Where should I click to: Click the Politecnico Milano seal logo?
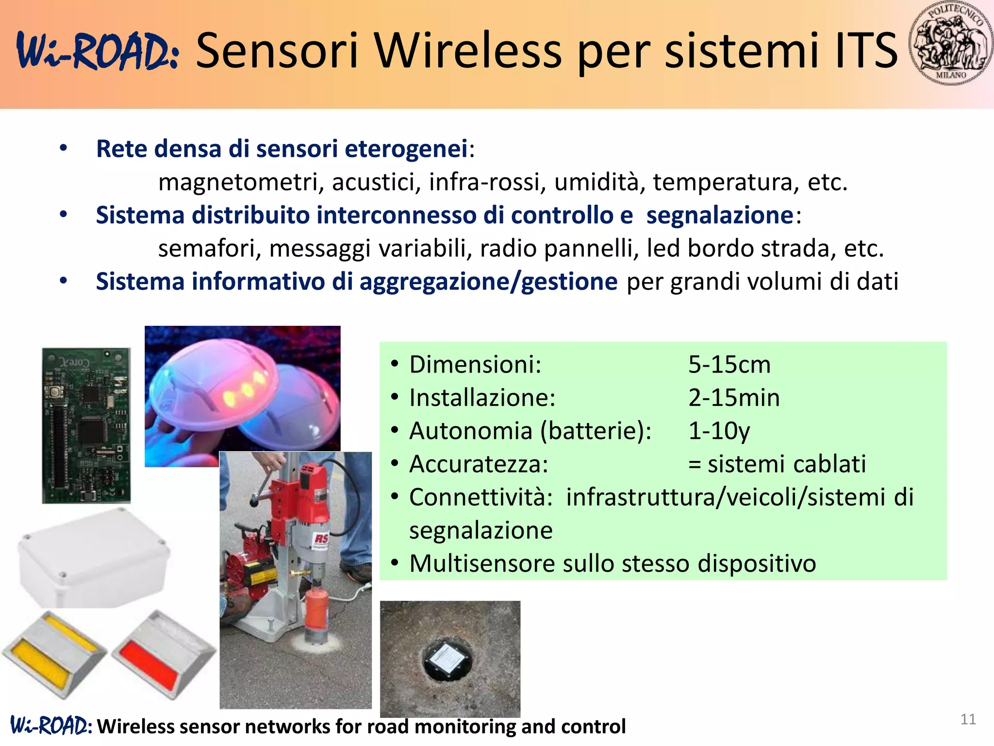(950, 44)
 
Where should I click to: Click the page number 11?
(968, 719)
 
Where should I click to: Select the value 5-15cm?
(729, 365)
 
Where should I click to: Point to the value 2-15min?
(734, 398)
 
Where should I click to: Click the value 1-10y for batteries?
(719, 431)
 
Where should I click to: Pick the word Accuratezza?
(478, 464)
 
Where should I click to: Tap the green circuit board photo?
(86, 425)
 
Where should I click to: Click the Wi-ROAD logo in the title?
(97, 51)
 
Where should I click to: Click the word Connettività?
(480, 497)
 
